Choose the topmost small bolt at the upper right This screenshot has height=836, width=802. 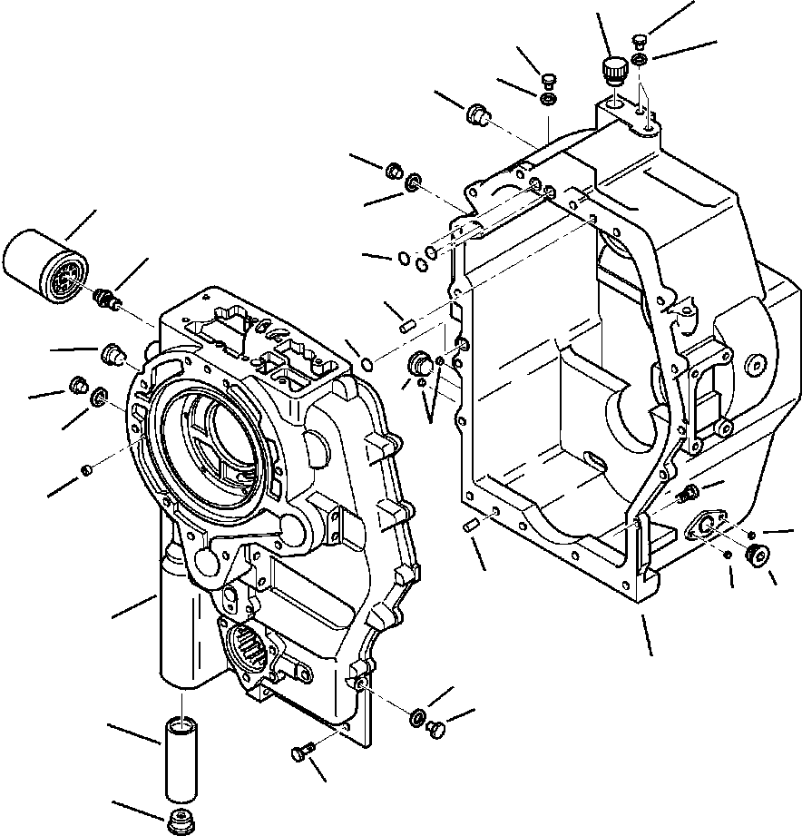pos(639,40)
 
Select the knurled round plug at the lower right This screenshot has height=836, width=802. pos(754,556)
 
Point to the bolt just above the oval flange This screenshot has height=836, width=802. pos(687,493)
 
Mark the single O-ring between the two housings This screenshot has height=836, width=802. pos(364,364)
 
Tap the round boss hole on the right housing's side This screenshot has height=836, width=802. pos(753,366)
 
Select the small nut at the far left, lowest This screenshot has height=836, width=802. pos(87,469)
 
